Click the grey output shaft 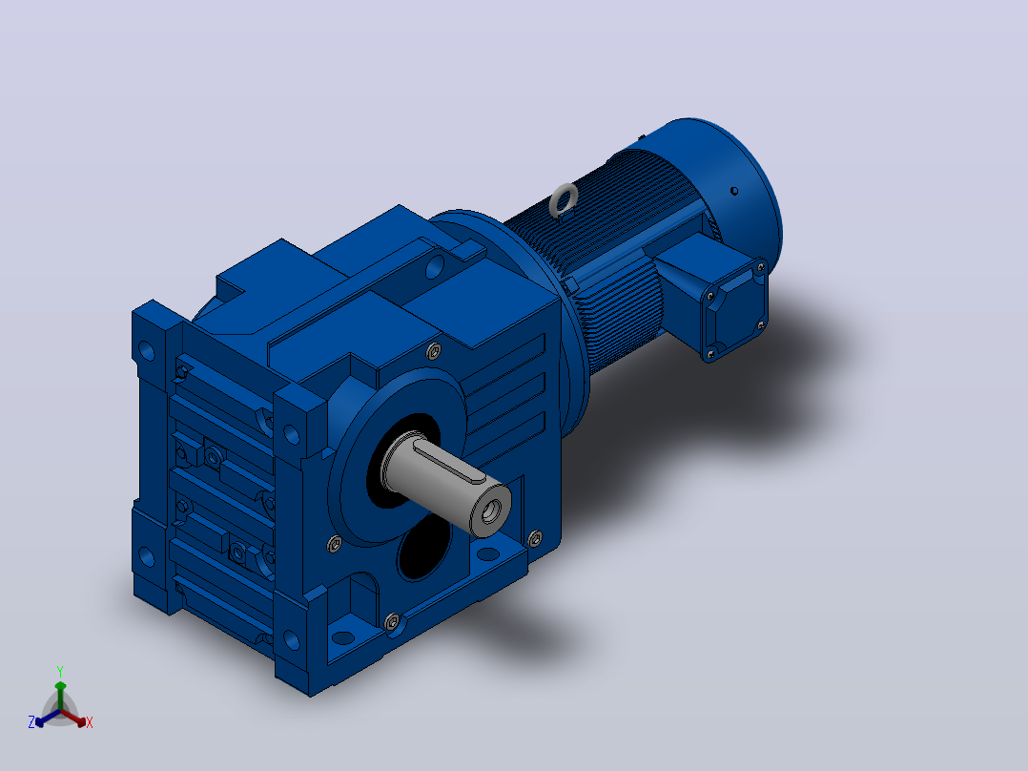[446, 481]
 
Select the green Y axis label [60, 672]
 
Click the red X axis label [90, 722]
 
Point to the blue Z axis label [31, 722]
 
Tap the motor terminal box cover [734, 309]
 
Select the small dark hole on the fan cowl [734, 191]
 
